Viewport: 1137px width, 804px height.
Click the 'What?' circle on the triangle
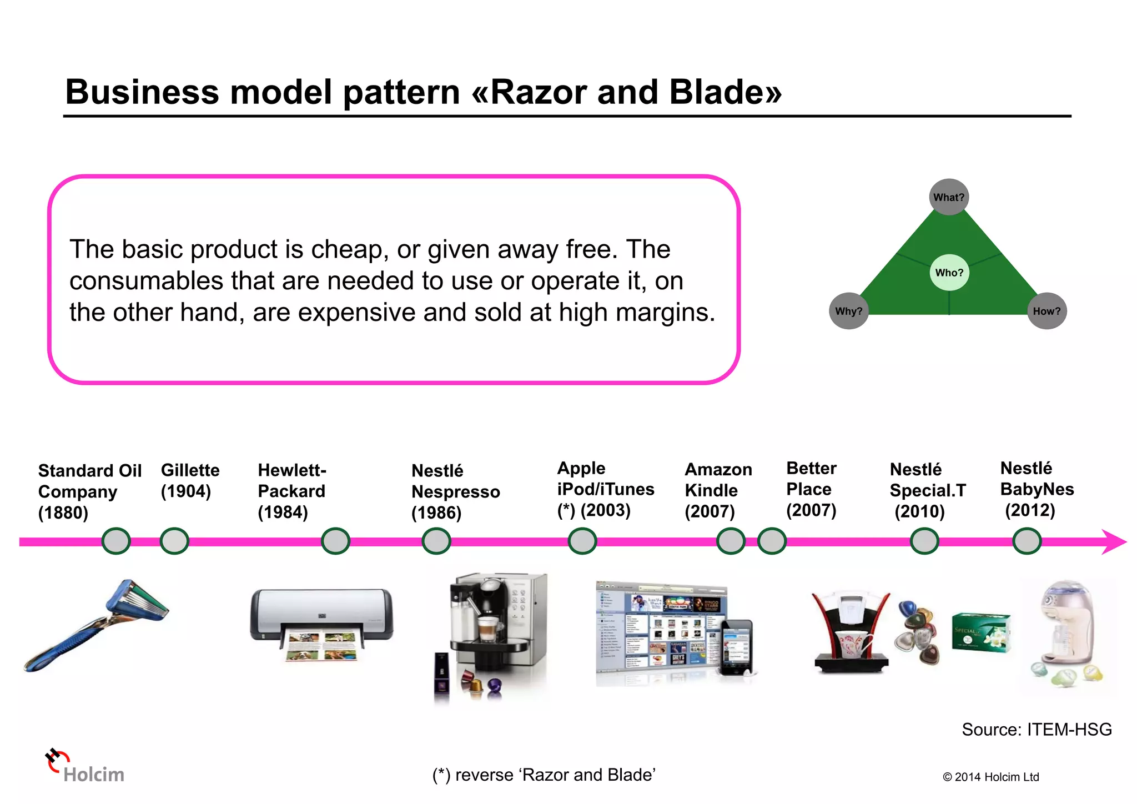coord(948,197)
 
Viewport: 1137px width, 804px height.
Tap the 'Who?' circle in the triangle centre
coord(949,273)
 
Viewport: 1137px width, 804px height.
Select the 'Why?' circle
coord(848,311)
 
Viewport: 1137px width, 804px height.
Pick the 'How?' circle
coord(1047,311)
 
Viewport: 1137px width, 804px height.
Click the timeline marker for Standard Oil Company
coord(116,541)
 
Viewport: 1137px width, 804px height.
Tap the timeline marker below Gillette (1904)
coord(174,541)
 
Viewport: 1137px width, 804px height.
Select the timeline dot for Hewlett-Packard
coord(335,541)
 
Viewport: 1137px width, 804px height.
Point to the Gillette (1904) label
coord(190,481)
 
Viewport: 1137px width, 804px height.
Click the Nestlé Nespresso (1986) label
coord(455,491)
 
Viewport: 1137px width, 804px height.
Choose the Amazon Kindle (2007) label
coord(718,490)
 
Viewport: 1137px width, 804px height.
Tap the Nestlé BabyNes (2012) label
coord(1037,489)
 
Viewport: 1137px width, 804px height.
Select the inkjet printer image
coord(321,625)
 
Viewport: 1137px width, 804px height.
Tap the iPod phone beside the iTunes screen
coord(737,647)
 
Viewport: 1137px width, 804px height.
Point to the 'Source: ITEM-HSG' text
coord(1036,730)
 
